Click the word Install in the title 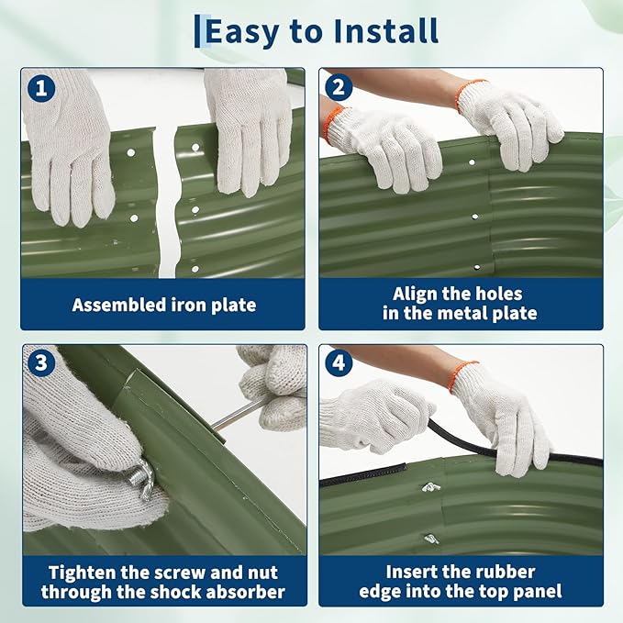click(386, 30)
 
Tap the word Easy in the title click(241, 33)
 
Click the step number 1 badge click(41, 88)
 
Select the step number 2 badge click(339, 87)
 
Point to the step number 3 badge click(41, 362)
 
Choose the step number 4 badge click(339, 362)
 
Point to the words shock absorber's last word click(246, 592)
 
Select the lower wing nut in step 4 click(431, 539)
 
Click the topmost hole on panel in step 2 click(472, 162)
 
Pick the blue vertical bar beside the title click(197, 31)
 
